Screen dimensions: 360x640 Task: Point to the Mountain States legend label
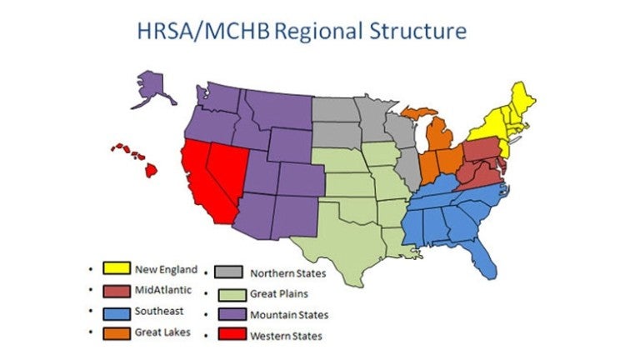tap(290, 315)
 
